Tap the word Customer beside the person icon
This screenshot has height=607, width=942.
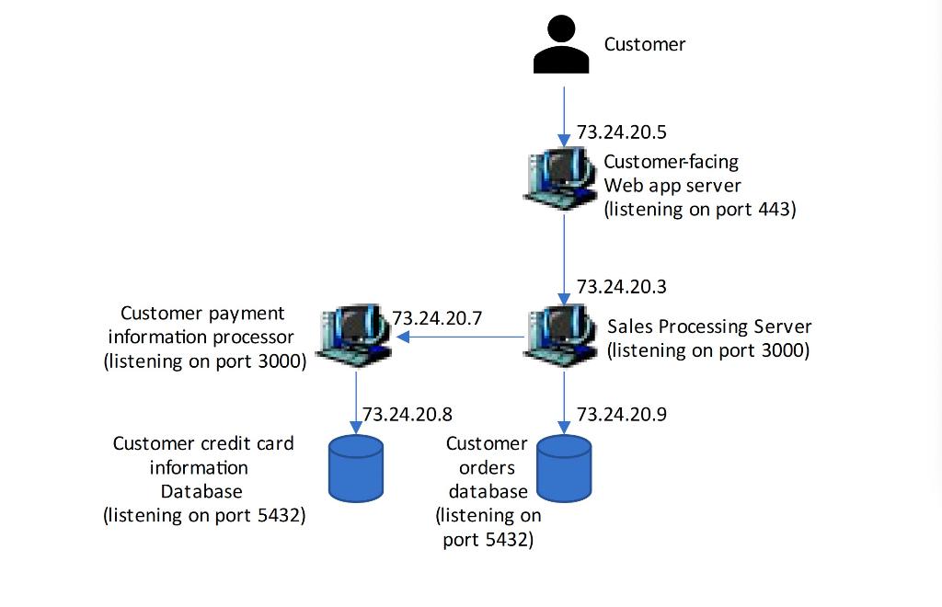644,44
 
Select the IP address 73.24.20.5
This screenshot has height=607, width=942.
621,132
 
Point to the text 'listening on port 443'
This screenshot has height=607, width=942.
699,210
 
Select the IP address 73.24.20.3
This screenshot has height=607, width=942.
621,287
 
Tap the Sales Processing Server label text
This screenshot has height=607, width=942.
709,326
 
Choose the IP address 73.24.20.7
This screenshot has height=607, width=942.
437,318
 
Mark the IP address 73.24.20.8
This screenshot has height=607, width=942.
408,415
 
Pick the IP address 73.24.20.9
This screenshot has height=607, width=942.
621,415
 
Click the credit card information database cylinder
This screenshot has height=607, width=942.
356,468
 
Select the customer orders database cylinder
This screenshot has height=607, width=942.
564,468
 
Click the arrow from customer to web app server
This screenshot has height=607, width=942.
564,115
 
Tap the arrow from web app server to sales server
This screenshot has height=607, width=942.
564,258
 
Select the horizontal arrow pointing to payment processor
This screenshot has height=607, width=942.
460,337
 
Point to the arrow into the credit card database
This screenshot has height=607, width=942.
356,400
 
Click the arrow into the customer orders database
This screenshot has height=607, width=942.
564,400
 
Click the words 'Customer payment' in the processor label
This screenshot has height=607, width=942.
202,314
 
